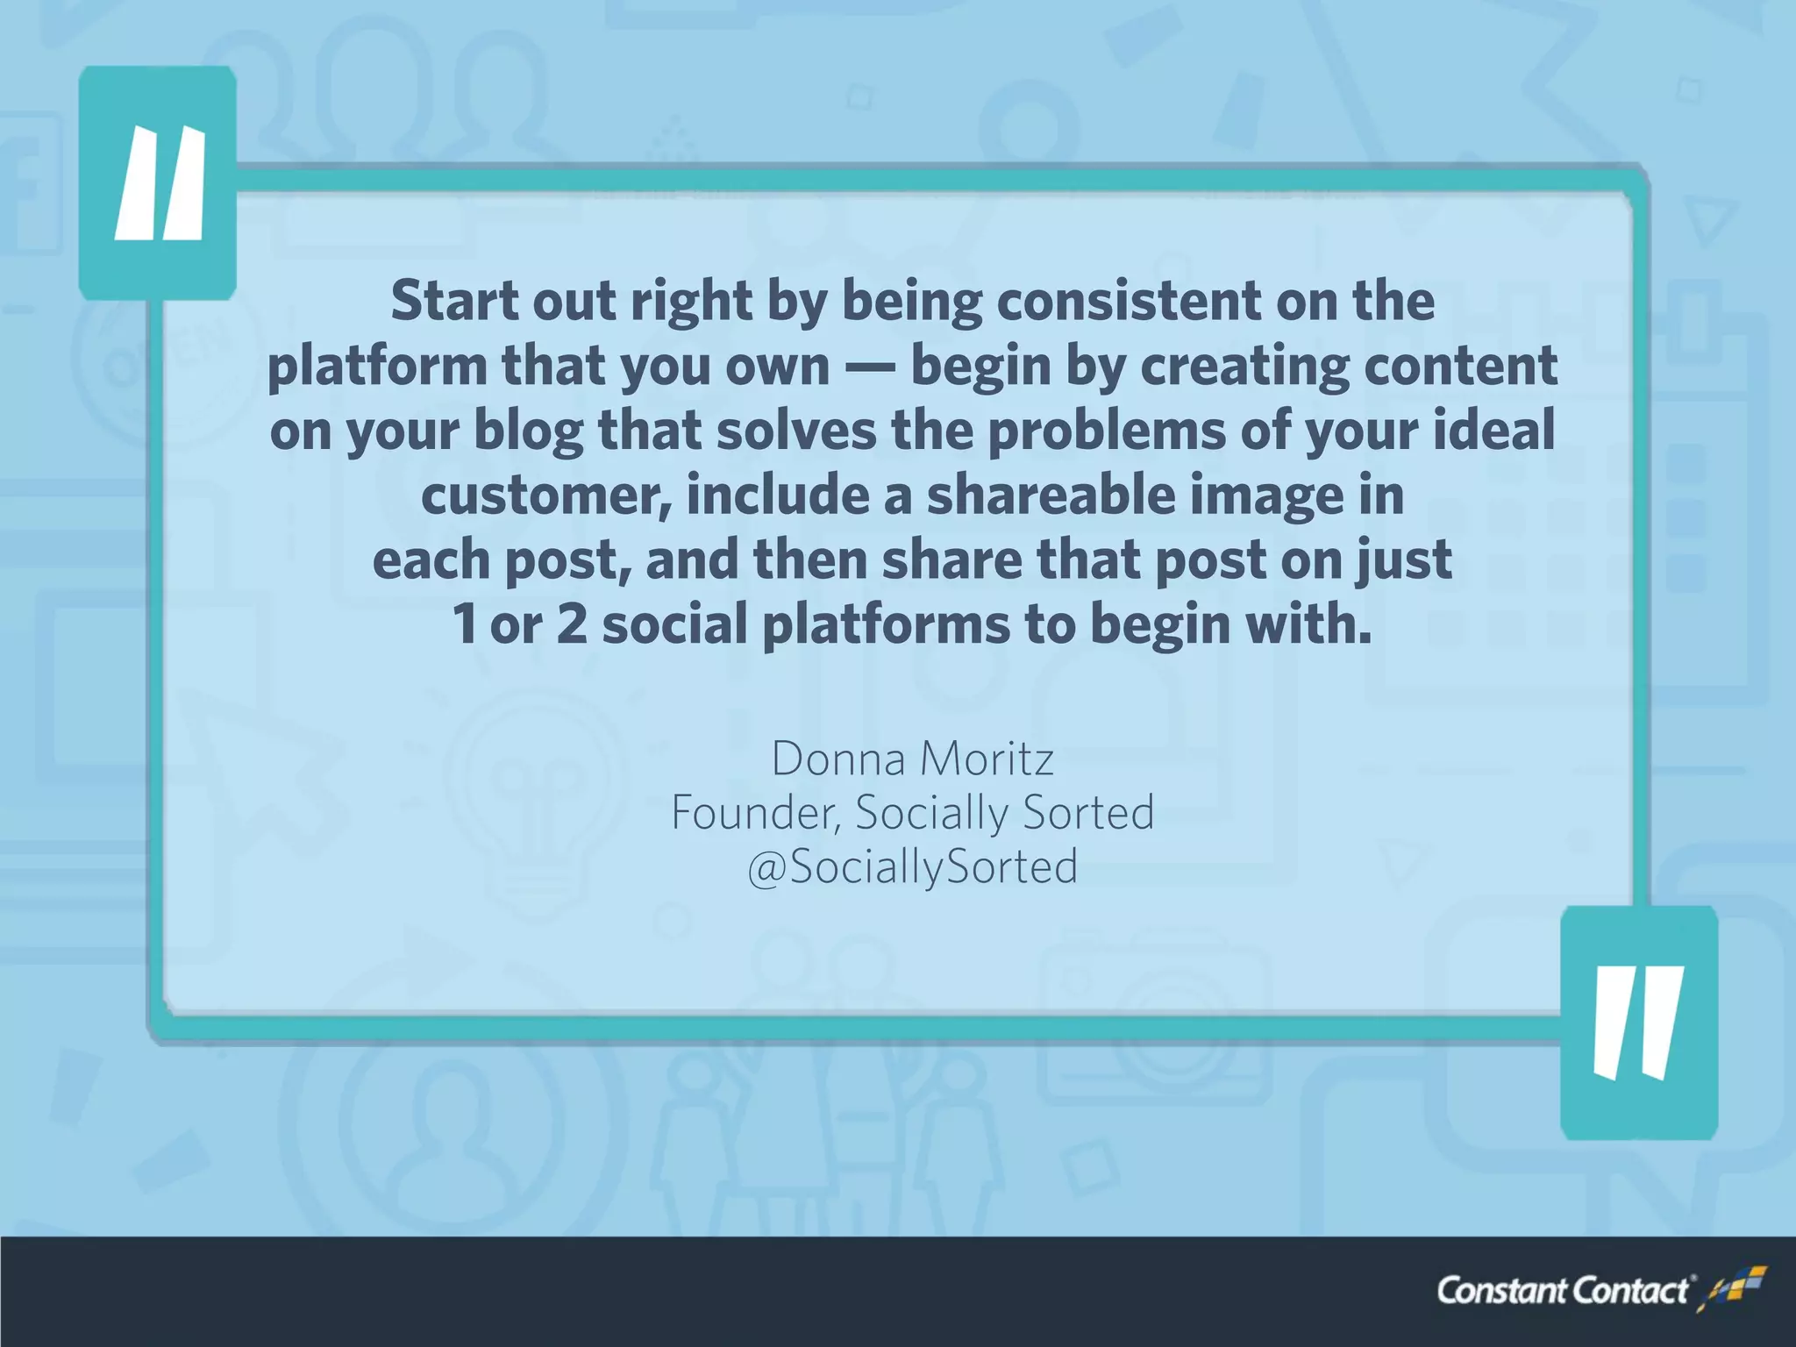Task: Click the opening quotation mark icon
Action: (x=159, y=183)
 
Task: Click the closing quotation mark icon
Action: (x=1638, y=1022)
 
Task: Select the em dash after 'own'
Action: (x=870, y=367)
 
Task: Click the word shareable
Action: (x=1050, y=495)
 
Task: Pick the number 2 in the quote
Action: (x=572, y=625)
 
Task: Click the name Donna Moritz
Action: (x=912, y=759)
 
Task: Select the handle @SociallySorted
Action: (x=912, y=867)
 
